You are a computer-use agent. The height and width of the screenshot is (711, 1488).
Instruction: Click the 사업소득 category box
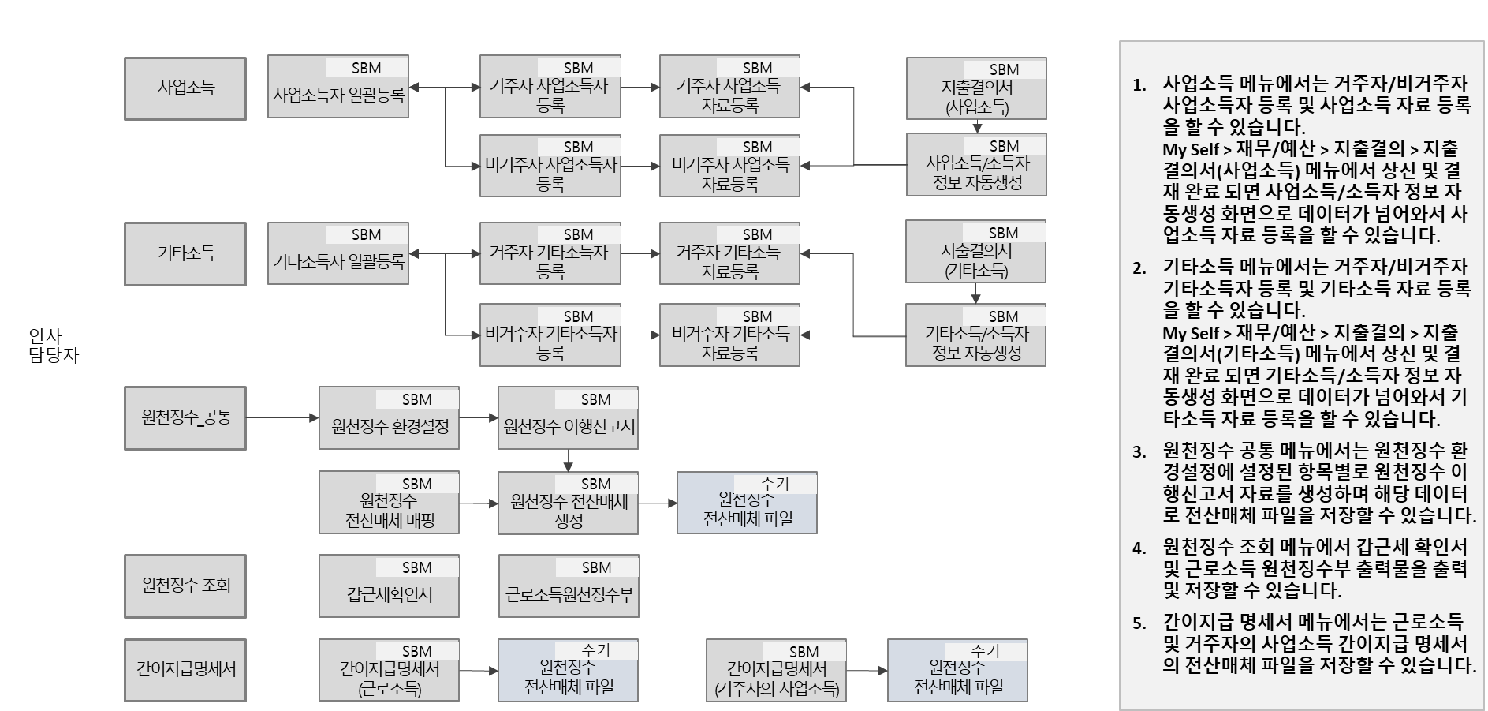[x=185, y=88]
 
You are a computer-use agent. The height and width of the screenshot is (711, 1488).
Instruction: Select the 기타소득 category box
[x=185, y=254]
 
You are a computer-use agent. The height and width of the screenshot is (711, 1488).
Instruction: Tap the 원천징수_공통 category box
[x=185, y=418]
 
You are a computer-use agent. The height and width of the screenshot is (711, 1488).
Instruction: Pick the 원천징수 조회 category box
[x=185, y=586]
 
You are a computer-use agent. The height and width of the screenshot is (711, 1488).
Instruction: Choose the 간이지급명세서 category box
[x=185, y=670]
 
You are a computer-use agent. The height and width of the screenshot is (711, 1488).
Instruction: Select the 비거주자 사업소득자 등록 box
[x=550, y=166]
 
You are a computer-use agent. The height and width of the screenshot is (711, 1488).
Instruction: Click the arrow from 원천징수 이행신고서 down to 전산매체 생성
[x=568, y=461]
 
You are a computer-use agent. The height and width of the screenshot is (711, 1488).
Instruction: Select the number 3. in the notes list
[x=1139, y=452]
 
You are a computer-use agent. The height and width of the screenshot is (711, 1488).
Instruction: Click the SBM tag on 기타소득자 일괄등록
[x=367, y=234]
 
